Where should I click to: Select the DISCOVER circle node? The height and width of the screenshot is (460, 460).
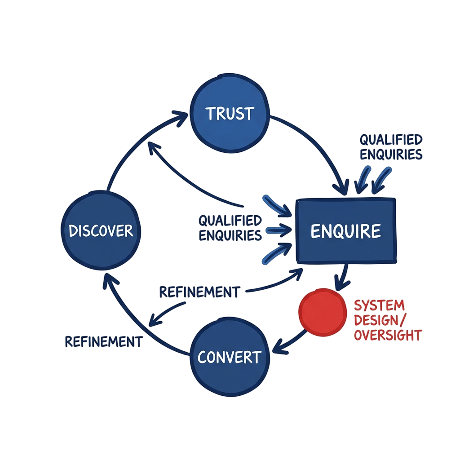click(101, 231)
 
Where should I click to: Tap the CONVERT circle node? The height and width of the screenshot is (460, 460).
click(230, 357)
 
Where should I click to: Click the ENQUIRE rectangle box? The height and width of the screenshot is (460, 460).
click(345, 231)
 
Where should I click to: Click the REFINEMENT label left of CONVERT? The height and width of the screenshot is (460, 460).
click(103, 341)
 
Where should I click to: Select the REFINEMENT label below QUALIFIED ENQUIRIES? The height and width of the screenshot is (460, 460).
click(199, 292)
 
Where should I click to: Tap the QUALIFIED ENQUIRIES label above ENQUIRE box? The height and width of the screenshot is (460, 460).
click(390, 147)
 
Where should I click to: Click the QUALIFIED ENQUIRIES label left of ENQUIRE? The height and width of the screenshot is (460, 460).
click(230, 228)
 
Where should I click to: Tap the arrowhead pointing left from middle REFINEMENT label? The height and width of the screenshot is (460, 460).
click(155, 321)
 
